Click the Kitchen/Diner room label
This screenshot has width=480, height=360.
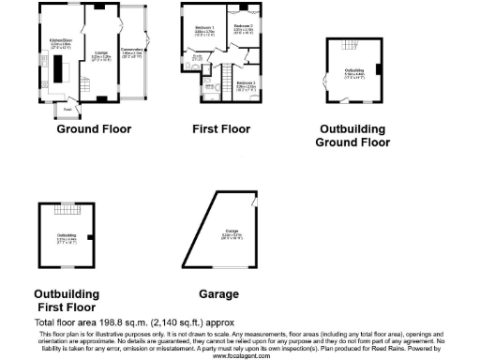61,41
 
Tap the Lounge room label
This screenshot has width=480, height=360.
100,54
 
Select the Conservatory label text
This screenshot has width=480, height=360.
132,52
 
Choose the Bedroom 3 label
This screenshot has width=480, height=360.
246,84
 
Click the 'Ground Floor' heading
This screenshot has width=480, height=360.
94,129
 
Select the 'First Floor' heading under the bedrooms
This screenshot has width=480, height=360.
222,129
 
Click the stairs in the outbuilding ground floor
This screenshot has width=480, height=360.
353,45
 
